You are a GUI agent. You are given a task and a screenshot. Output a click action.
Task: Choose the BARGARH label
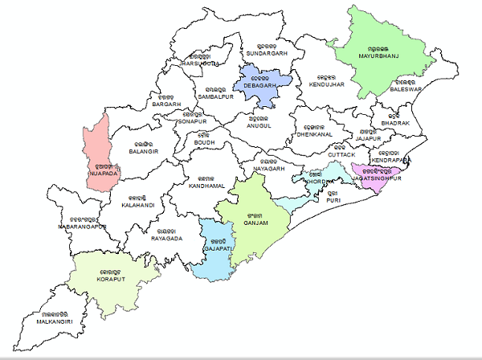[x=166, y=104]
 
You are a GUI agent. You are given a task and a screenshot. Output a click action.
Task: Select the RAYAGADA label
[x=166, y=239]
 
